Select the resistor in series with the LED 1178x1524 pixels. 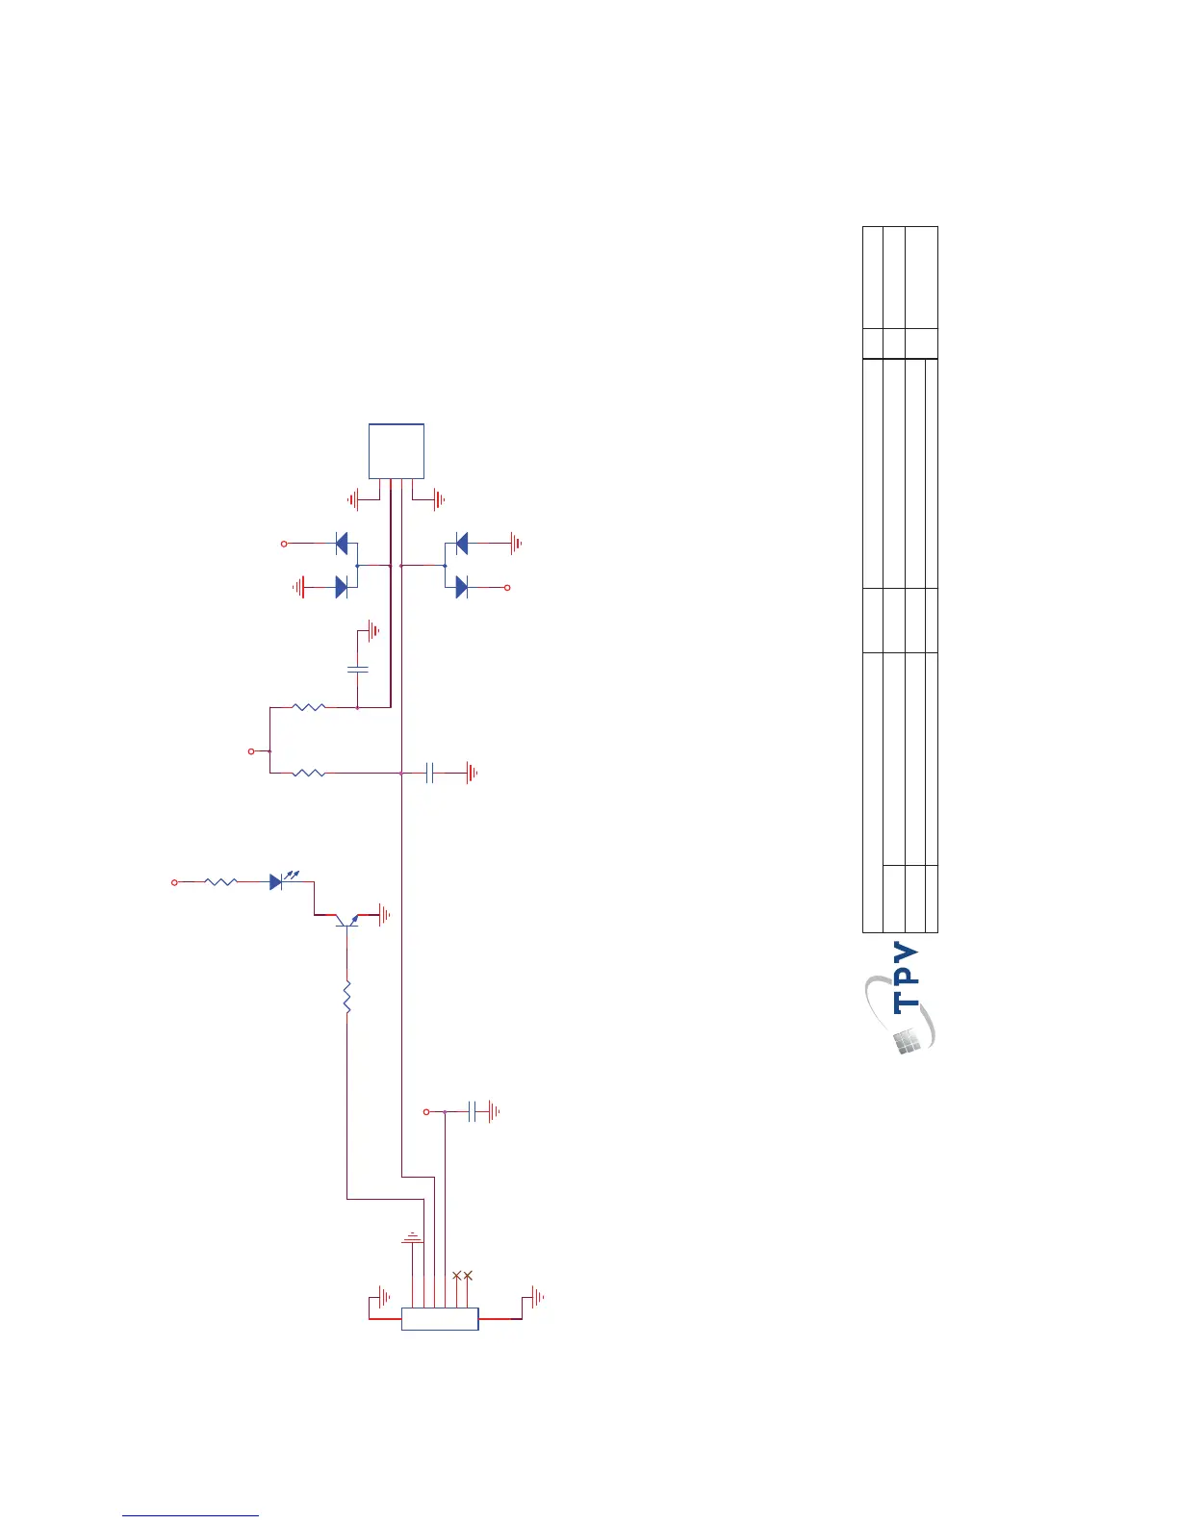[x=221, y=881]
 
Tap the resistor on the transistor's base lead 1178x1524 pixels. [x=346, y=997]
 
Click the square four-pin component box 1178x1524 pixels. [x=397, y=451]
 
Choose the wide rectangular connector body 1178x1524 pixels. [x=440, y=1318]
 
